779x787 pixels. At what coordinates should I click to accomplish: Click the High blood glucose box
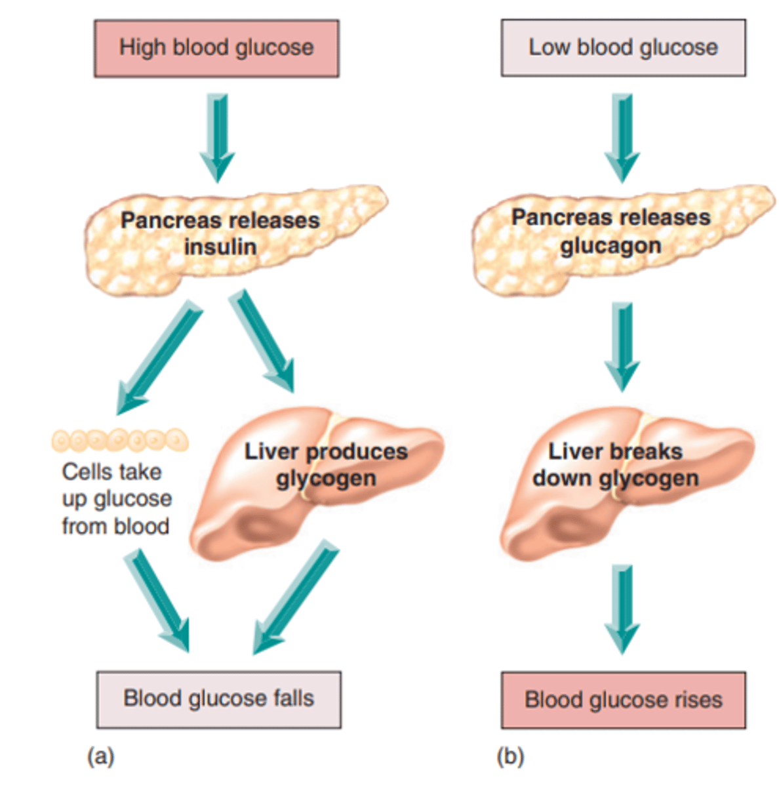pyautogui.click(x=216, y=49)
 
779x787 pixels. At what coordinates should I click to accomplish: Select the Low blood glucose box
pyautogui.click(x=623, y=48)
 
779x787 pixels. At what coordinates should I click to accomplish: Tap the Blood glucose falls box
pyautogui.click(x=218, y=699)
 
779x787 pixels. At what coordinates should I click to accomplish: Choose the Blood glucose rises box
pyautogui.click(x=623, y=700)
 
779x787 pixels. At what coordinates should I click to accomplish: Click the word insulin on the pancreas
pyautogui.click(x=220, y=247)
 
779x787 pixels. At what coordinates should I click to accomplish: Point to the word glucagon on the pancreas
pyautogui.click(x=610, y=246)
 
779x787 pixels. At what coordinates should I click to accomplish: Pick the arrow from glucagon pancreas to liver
pyautogui.click(x=622, y=345)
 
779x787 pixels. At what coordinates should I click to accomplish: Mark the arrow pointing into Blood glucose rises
pyautogui.click(x=622, y=607)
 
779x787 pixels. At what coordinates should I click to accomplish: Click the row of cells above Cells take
pyautogui.click(x=120, y=440)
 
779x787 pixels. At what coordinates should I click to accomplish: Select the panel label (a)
pyautogui.click(x=100, y=756)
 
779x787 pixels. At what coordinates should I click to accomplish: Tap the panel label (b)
pyautogui.click(x=510, y=756)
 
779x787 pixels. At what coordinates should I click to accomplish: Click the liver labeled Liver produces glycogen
pyautogui.click(x=315, y=485)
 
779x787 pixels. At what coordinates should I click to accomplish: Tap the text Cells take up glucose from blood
pyautogui.click(x=116, y=499)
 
